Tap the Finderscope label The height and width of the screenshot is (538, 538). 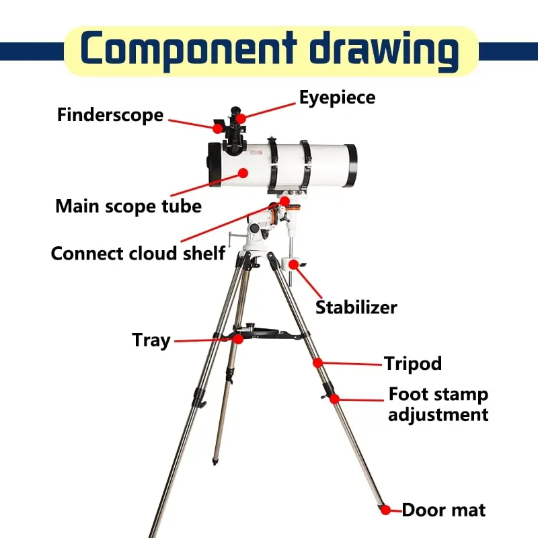pos(110,114)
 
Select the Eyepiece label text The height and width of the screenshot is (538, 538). pos(337,97)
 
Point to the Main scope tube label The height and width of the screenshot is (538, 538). pos(128,205)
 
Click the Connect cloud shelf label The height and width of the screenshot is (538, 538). pos(138,254)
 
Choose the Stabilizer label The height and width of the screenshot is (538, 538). pos(356,307)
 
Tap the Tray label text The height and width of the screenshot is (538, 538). pos(151,340)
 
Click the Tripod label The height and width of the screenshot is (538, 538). pos(413,363)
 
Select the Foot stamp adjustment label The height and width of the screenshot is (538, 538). pos(438,403)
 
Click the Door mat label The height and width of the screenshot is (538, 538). pos(444,510)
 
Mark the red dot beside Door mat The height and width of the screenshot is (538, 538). pos(385,509)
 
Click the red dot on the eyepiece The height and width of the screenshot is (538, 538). pos(240,118)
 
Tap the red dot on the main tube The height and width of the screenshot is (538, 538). pos(243,173)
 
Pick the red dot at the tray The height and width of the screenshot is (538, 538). pos(237,340)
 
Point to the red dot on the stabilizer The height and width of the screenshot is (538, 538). pos(294,264)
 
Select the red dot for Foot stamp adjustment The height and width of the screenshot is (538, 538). pos(334,398)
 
